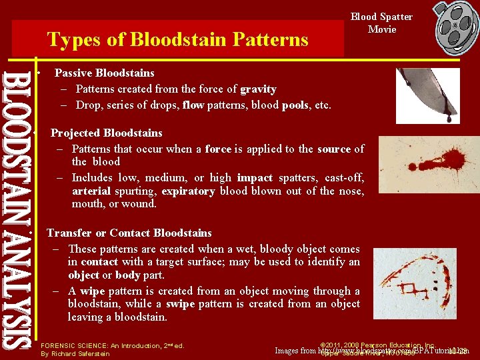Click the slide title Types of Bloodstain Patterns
[177, 39]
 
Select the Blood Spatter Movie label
[381, 23]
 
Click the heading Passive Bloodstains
[104, 73]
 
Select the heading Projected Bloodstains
[106, 133]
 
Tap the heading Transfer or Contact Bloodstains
[129, 233]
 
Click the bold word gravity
[258, 89]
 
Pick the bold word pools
[295, 105]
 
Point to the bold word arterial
[93, 191]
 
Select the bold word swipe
[179, 304]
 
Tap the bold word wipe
[92, 291]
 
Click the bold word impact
[254, 178]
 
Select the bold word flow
[193, 105]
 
